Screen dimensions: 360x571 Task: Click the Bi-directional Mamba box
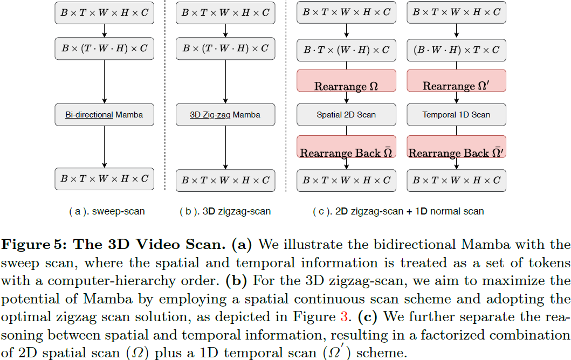coord(104,115)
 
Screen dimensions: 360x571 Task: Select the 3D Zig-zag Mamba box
coord(225,115)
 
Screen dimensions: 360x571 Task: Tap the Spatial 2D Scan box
coord(346,115)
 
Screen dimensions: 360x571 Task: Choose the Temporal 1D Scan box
coord(456,115)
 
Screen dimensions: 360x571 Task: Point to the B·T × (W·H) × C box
coord(346,50)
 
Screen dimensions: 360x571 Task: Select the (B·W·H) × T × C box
coord(456,50)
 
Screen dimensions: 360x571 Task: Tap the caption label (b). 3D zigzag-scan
coord(225,212)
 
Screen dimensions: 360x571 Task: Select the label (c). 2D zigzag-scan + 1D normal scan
coord(398,212)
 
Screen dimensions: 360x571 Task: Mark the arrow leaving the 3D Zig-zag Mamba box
coord(225,147)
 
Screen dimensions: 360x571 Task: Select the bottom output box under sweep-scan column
coord(104,179)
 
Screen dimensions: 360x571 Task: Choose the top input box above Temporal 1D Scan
coord(456,13)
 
